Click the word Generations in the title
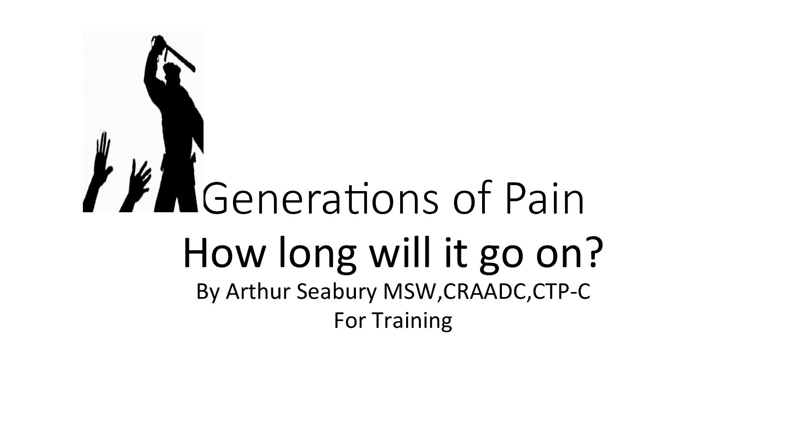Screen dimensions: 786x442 [x=320, y=198]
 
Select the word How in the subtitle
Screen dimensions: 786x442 [x=223, y=252]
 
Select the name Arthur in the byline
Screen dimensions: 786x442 [x=258, y=291]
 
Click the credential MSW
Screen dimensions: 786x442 [x=410, y=291]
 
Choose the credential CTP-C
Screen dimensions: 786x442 [x=561, y=291]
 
